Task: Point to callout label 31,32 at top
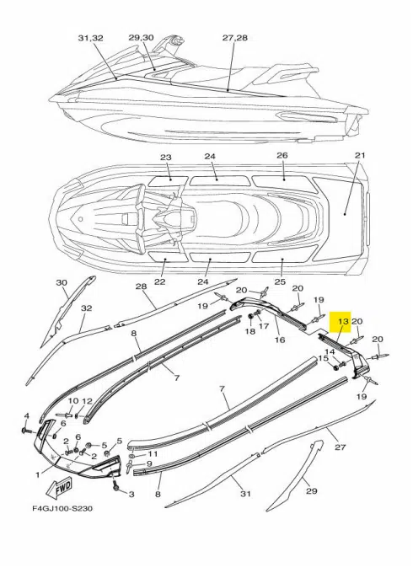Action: [89, 39]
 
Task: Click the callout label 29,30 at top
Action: [141, 39]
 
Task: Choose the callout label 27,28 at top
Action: [234, 39]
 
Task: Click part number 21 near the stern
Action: [361, 156]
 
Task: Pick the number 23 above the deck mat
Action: [165, 158]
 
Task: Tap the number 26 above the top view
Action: [282, 156]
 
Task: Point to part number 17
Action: [264, 326]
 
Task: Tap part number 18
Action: [249, 332]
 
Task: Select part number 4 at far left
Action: [27, 415]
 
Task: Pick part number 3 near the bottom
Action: [131, 495]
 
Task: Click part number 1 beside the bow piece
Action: [37, 475]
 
